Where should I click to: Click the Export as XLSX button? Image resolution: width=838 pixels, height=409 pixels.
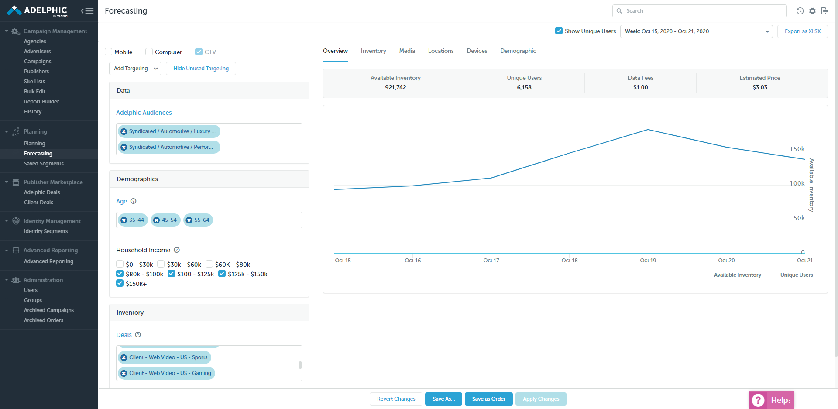(x=802, y=31)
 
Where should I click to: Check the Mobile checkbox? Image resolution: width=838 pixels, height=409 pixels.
(x=109, y=52)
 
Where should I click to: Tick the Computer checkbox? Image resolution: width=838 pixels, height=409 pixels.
(x=149, y=52)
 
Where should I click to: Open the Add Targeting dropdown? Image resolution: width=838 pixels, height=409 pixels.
(x=135, y=69)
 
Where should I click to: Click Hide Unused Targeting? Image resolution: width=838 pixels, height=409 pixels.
(x=201, y=69)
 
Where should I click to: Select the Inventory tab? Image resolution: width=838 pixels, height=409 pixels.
(x=373, y=51)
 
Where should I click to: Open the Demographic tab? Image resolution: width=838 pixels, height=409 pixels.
(x=518, y=51)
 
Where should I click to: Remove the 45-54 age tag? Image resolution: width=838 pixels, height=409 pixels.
(x=157, y=220)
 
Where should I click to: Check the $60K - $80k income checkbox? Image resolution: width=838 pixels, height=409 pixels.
(x=209, y=264)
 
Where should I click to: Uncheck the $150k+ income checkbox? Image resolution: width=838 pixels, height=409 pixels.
(x=120, y=283)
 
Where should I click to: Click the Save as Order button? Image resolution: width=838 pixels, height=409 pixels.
(x=488, y=399)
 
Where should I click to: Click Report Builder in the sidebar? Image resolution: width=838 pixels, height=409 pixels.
(x=41, y=102)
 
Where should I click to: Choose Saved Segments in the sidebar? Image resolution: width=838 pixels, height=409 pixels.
(x=44, y=164)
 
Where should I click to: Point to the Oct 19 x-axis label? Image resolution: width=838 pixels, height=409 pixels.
(x=648, y=261)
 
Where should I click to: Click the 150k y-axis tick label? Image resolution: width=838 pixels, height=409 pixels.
(x=797, y=149)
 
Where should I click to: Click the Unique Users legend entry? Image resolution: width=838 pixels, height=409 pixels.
(x=796, y=275)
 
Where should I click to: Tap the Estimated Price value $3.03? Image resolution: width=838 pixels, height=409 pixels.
(x=759, y=87)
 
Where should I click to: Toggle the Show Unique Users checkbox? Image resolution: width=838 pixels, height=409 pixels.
(x=559, y=31)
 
